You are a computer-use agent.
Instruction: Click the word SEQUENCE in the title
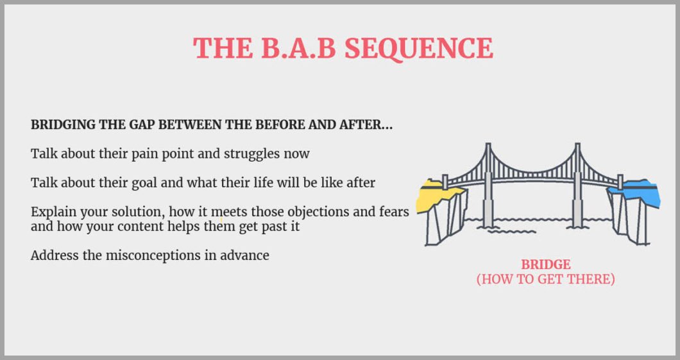(x=419, y=49)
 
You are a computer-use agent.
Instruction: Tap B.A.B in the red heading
(x=298, y=47)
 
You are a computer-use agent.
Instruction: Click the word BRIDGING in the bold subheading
(x=63, y=125)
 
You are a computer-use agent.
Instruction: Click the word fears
(x=393, y=212)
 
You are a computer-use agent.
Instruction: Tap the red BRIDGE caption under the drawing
(x=545, y=264)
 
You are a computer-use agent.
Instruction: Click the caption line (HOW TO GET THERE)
(x=545, y=279)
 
